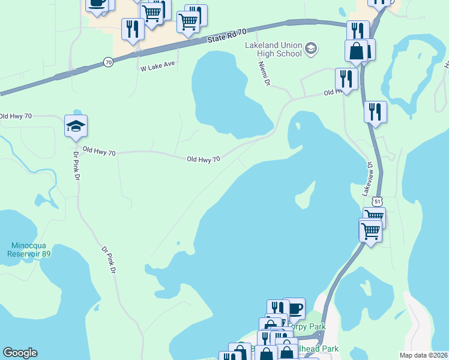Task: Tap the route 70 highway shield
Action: click(x=108, y=62)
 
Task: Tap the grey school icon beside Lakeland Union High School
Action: click(x=311, y=48)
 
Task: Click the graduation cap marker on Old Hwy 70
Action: click(x=76, y=126)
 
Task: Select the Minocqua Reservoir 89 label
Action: click(x=30, y=250)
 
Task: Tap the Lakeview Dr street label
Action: click(x=367, y=178)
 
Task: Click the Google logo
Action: click(x=20, y=353)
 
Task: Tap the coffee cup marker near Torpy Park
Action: click(x=294, y=308)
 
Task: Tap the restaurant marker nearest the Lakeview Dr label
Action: click(x=375, y=112)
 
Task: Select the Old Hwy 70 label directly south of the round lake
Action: click(x=203, y=159)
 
